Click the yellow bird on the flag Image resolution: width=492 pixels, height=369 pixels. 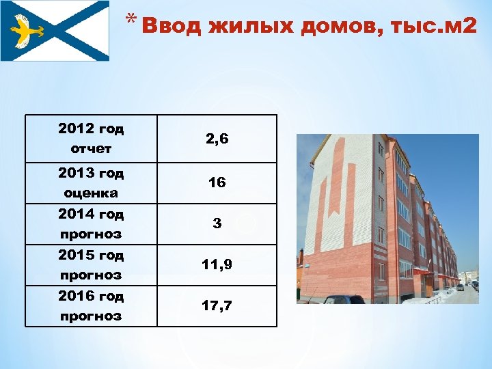pos(28,31)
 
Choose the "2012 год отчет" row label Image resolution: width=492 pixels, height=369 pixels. pos(91,139)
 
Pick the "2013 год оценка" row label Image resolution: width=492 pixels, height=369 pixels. pos(91,182)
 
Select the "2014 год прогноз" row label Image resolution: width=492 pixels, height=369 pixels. pos(91,224)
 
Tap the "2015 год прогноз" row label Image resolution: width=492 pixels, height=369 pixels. pos(91,265)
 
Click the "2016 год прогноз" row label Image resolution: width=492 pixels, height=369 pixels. pos(91,306)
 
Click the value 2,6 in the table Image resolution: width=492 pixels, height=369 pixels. pos(217,139)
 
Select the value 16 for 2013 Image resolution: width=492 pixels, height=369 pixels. pos(217,183)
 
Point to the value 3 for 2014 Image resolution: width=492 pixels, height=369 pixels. pos(217,223)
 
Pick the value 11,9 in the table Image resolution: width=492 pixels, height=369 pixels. pos(217,264)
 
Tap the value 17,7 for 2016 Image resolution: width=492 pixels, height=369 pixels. pos(217,305)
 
